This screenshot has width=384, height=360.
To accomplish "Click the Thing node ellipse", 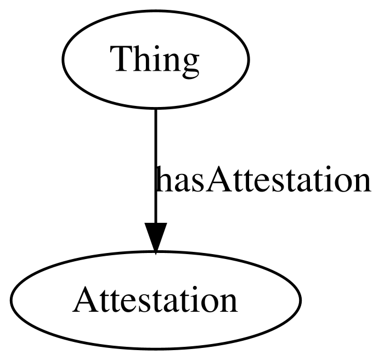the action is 155,59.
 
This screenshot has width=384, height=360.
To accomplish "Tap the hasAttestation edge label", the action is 263,179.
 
